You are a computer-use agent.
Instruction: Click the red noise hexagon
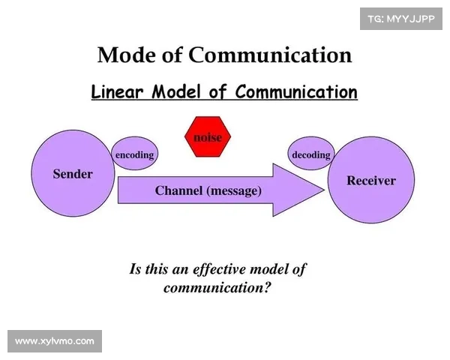click(208, 137)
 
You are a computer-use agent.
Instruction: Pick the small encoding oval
click(134, 154)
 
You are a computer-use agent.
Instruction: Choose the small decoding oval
click(310, 154)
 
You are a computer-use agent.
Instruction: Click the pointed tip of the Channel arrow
click(325, 190)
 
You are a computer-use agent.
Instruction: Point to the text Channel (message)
click(208, 190)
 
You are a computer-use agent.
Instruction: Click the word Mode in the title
click(123, 55)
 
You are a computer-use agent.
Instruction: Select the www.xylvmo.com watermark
click(54, 341)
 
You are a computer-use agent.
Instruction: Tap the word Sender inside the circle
click(73, 174)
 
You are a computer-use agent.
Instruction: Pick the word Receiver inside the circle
click(371, 181)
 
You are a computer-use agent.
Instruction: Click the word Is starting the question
click(136, 269)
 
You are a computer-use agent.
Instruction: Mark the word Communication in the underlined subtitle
click(295, 92)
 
